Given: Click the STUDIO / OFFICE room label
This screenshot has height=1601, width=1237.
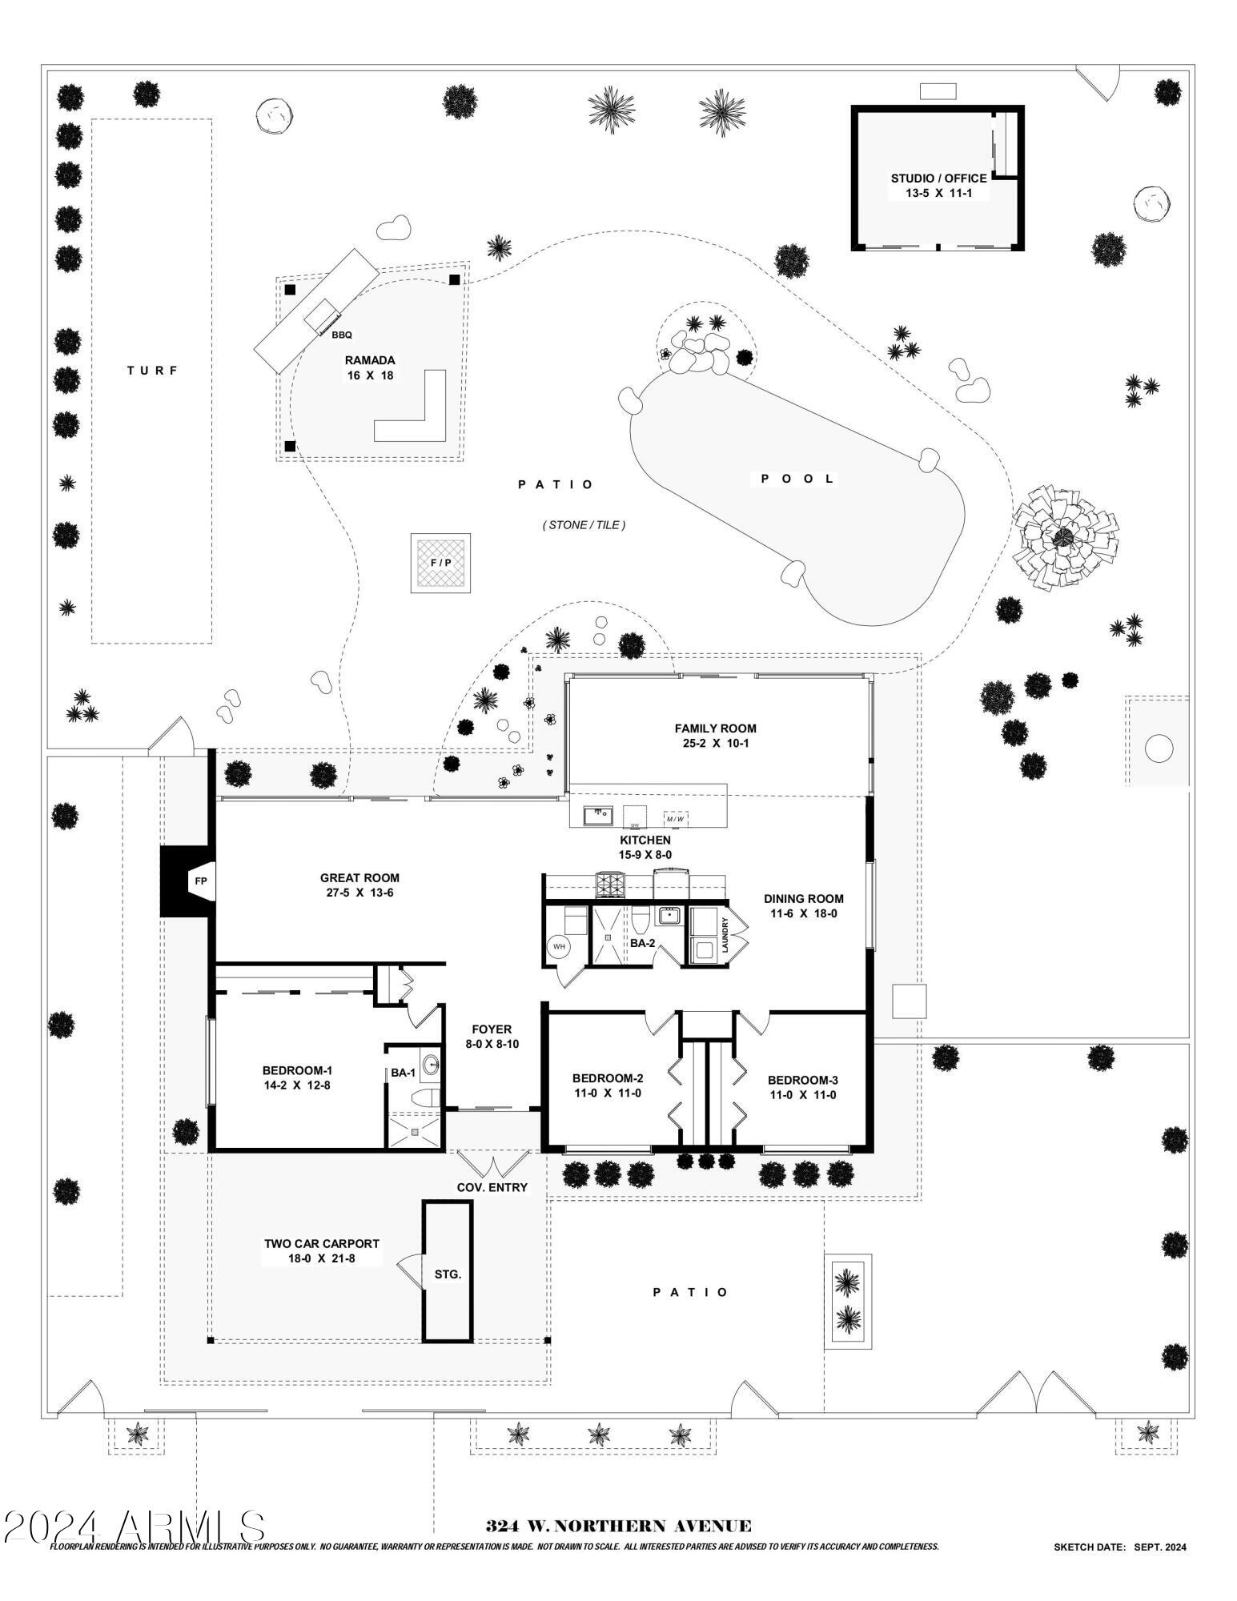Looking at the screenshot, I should pos(938,179).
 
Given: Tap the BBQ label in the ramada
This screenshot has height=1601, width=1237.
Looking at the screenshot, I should pos(342,335).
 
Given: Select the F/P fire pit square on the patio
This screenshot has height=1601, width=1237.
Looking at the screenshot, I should pos(440,563).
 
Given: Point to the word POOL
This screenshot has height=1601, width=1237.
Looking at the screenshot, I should pos(797,479).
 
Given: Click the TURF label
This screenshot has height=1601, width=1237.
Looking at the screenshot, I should pos(152,371).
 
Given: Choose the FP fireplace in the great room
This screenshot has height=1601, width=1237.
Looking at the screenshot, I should pos(200,881).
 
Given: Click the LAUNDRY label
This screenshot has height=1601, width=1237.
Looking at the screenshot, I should pos(725,934).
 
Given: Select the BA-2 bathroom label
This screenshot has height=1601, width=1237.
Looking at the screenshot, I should pos(642,943).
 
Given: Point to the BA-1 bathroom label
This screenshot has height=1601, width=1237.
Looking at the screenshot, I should pos(403,1073).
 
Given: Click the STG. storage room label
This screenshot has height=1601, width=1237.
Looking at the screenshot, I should pos(448,1274).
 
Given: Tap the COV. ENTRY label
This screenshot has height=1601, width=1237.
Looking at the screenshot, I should pos(492,1187).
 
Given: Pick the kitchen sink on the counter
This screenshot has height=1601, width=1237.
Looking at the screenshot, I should pos(597,816).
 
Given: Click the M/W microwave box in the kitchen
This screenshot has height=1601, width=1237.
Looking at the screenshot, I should pos(675,818).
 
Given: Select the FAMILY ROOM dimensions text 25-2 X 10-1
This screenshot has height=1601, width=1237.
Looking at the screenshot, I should pos(715,743).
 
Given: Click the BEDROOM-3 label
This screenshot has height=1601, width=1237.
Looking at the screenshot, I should pos(802,1080).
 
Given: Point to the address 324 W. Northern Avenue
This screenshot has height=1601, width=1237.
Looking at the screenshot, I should pos(618,1527).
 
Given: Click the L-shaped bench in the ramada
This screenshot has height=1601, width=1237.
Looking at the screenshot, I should pos(416,416).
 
